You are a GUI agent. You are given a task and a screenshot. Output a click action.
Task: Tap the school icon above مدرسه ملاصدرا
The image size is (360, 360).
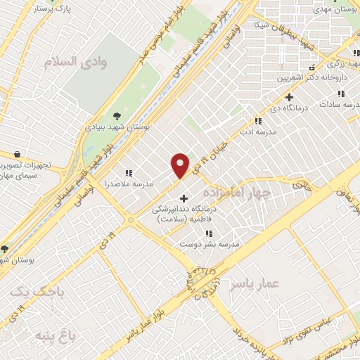[x=129, y=173]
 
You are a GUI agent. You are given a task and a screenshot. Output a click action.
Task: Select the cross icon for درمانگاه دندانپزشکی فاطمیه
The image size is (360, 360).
[x=184, y=198]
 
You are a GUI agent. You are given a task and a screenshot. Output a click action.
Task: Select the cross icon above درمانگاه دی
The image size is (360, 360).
[x=289, y=97]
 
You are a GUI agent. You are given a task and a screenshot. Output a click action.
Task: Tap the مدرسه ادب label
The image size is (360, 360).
[x=259, y=131]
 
